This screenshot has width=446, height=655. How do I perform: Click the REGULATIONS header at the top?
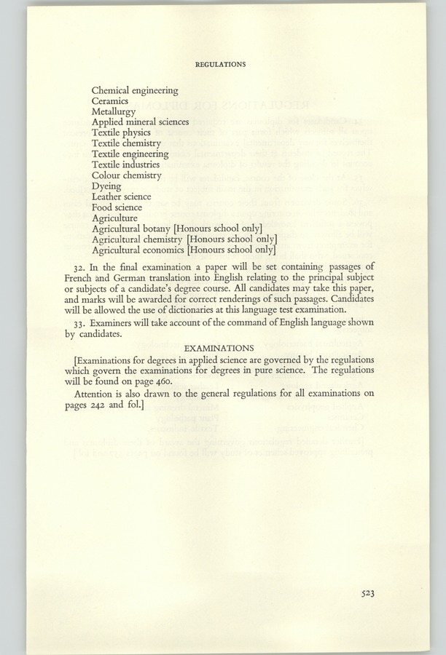[x=220, y=64]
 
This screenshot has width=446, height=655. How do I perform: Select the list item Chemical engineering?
[x=135, y=91]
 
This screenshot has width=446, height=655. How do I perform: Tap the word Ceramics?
[x=110, y=102]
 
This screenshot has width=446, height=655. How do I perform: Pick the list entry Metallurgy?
[x=114, y=113]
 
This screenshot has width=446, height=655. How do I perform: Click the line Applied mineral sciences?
[x=141, y=123]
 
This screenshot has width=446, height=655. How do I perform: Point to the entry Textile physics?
[x=121, y=134]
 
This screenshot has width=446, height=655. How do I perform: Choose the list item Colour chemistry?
[x=127, y=175]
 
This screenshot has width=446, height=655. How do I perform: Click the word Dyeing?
[x=107, y=186]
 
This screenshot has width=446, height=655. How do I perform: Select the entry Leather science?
[x=122, y=196]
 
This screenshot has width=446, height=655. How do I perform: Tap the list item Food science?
[x=116, y=207]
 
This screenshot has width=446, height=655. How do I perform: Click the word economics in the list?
[x=162, y=250]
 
